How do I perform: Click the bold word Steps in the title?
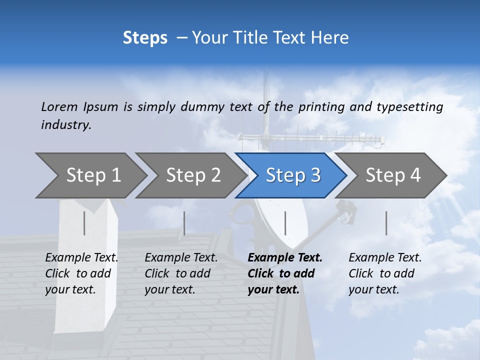(x=145, y=38)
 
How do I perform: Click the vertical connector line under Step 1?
(x=84, y=223)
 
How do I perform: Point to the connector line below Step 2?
(x=184, y=223)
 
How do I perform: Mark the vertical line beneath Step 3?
(x=285, y=223)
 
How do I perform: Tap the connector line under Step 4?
(x=386, y=223)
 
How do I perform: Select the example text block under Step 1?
(x=81, y=273)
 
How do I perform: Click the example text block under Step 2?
(x=181, y=273)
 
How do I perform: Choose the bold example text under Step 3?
(x=285, y=273)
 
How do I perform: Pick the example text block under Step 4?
(x=385, y=273)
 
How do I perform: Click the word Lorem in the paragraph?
(x=59, y=106)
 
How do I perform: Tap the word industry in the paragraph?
(x=66, y=125)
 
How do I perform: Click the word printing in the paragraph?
(x=321, y=107)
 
